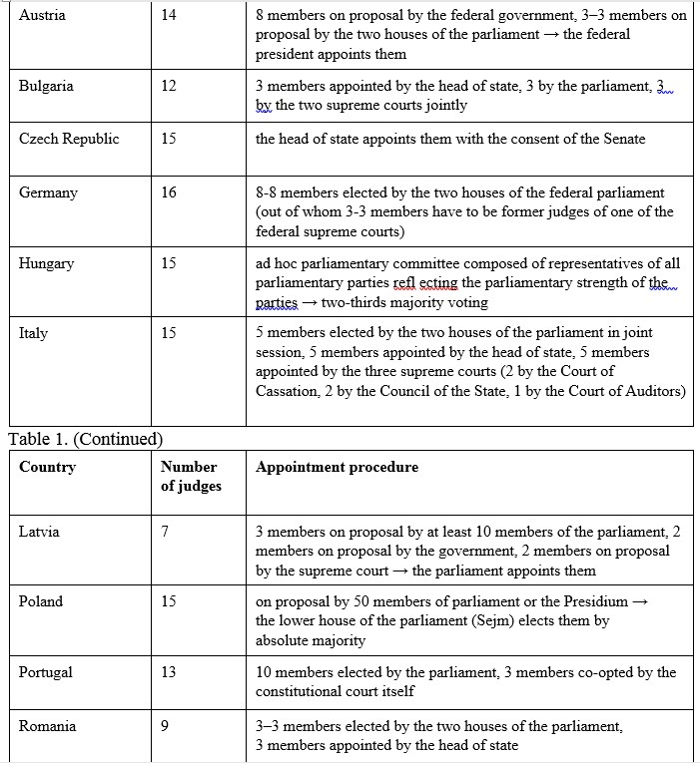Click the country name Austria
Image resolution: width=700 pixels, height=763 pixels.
pyautogui.click(x=42, y=16)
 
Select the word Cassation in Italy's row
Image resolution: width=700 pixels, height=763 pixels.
pyautogui.click(x=290, y=390)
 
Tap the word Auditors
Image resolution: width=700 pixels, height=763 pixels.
pyautogui.click(x=655, y=390)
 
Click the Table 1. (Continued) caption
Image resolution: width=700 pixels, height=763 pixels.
pyautogui.click(x=85, y=438)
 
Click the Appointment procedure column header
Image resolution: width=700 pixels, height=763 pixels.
pyautogui.click(x=337, y=467)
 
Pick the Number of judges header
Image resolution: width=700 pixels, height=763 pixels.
pyautogui.click(x=189, y=476)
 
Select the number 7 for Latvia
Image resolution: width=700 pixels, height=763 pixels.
pyautogui.click(x=165, y=532)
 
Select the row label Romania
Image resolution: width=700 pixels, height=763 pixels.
pyautogui.click(x=47, y=726)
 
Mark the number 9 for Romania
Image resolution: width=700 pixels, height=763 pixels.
pyautogui.click(x=165, y=726)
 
